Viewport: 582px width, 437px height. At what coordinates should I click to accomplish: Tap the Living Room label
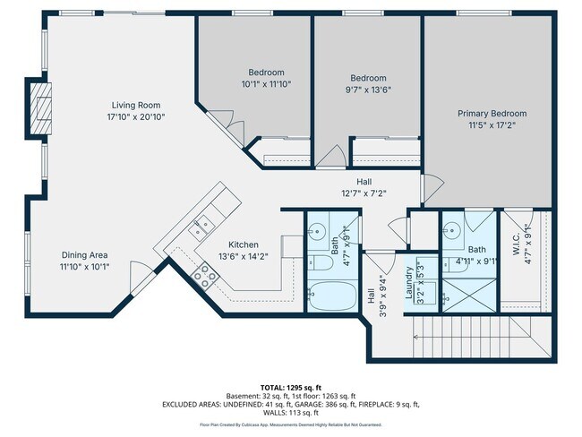135,106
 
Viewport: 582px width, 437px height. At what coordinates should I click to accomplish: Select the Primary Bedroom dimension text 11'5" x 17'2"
492,125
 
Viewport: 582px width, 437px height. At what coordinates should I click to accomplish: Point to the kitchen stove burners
204,280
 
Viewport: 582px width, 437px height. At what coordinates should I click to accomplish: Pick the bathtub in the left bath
331,295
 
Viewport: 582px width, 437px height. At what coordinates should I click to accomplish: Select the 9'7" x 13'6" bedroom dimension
368,90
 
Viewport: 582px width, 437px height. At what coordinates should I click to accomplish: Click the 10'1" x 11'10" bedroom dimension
266,84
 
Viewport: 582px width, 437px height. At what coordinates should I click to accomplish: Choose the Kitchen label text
243,244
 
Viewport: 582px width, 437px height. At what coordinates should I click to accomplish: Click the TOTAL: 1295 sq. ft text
291,387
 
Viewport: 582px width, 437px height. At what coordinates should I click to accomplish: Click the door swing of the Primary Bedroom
433,188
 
